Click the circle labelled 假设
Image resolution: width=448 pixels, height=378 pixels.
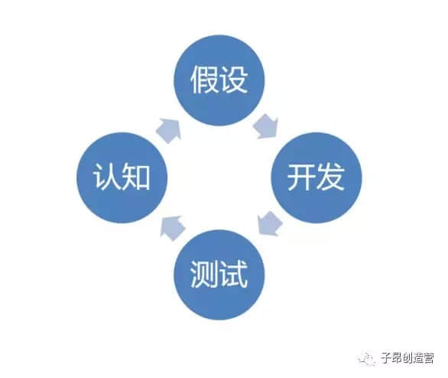click(x=219, y=80)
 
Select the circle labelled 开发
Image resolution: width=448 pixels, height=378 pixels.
click(x=317, y=178)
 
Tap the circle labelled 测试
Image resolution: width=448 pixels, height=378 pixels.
click(x=219, y=275)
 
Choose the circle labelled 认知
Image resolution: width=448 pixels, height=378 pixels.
click(x=122, y=178)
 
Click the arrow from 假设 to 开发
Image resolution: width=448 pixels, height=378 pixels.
click(x=266, y=127)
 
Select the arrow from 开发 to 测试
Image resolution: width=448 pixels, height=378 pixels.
click(x=269, y=223)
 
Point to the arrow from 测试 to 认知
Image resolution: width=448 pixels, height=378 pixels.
click(x=172, y=228)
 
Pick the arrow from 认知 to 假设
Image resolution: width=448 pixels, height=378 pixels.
click(x=169, y=130)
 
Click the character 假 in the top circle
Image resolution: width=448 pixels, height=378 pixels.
click(x=205, y=80)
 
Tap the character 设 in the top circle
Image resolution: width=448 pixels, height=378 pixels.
click(x=234, y=80)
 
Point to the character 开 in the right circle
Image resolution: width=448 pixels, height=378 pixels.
click(x=302, y=178)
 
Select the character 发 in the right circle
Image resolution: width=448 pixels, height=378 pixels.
click(x=331, y=178)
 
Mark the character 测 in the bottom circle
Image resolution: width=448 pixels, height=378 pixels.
click(x=205, y=275)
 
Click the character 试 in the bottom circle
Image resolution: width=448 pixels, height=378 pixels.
click(x=234, y=275)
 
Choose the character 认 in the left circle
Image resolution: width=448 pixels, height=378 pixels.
click(x=108, y=178)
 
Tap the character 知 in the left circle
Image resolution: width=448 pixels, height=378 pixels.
click(x=137, y=178)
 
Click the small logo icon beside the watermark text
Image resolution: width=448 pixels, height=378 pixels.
click(x=366, y=359)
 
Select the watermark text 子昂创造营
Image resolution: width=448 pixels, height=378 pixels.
click(x=407, y=358)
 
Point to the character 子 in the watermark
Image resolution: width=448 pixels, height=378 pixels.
click(x=386, y=358)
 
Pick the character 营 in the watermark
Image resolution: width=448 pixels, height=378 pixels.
click(x=429, y=358)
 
